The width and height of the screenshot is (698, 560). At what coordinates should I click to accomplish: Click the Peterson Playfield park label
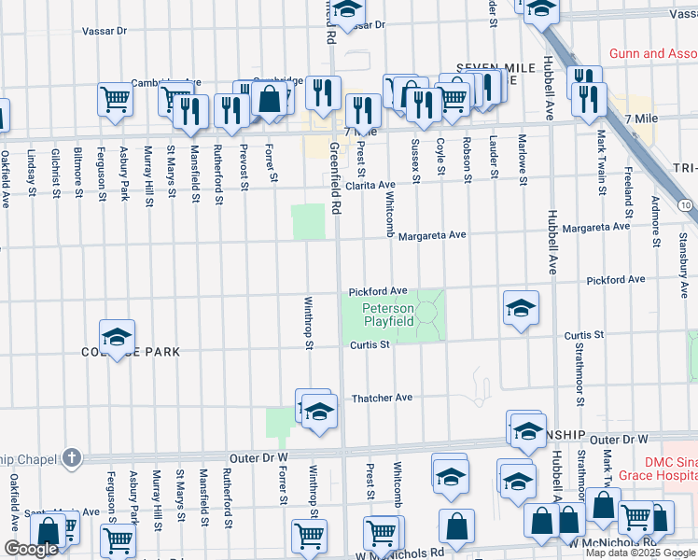coord(387,315)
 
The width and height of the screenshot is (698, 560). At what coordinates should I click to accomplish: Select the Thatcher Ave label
coord(382,398)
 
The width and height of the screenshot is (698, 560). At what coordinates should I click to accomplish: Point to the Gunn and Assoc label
coord(652,54)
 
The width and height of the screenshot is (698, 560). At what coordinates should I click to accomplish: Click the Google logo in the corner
coord(31,549)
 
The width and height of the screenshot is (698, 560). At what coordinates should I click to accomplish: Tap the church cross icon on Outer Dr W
coord(72,457)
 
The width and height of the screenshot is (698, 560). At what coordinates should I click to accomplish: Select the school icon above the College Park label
coord(118,337)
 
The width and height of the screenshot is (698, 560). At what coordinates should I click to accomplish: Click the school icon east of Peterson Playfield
coord(520,309)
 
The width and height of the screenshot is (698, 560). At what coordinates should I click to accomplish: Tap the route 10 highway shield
coord(686,204)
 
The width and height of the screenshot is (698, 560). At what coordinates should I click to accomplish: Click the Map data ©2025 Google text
coord(640,553)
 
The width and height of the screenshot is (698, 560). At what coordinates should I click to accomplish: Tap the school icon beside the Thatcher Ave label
coord(318,413)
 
